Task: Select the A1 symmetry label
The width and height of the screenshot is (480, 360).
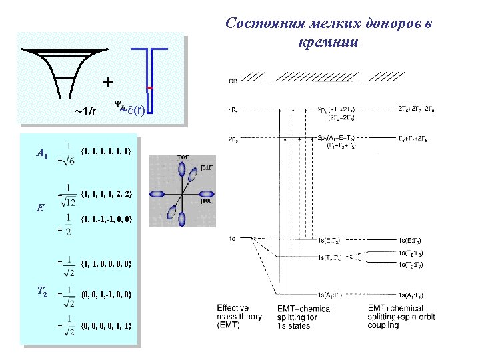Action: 41,155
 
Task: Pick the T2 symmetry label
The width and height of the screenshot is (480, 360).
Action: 41,291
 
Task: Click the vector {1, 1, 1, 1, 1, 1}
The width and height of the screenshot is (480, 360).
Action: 106,151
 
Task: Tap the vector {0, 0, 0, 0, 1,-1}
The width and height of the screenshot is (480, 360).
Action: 106,325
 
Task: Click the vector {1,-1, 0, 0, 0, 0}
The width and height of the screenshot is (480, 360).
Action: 106,265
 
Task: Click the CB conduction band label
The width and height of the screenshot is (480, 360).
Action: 233,81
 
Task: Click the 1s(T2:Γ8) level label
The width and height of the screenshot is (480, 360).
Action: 417,253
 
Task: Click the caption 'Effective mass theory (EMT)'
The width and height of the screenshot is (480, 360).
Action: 239,317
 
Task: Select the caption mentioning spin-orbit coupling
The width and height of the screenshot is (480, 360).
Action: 401,317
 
